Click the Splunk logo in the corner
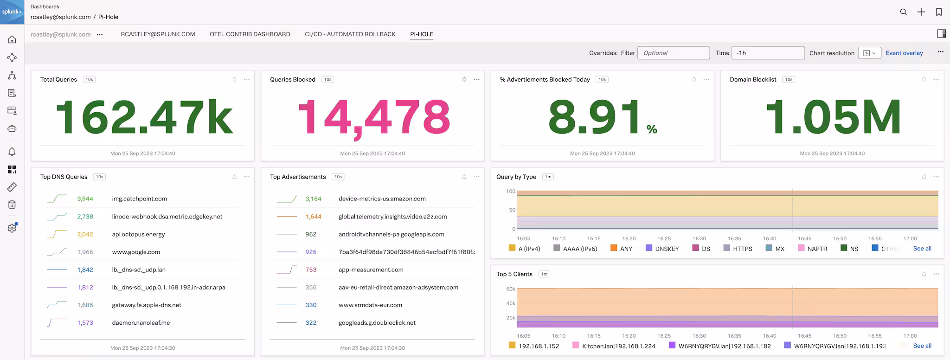coord(12,12)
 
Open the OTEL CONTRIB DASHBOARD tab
coord(250,34)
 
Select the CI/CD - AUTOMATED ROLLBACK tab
coord(350,34)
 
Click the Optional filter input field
coord(673,53)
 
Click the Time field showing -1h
coord(767,53)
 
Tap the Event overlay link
coord(904,53)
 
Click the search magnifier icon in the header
coord(903,12)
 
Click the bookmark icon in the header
coord(938,12)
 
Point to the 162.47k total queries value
coord(144,117)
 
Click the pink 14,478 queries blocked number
coord(373,117)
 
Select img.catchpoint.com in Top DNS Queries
coord(139,199)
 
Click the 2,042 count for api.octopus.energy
coord(85,234)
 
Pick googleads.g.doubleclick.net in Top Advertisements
coord(377,323)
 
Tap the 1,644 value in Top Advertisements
coord(313,217)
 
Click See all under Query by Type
coord(922,249)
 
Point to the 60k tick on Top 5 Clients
coord(510,289)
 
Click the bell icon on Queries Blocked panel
coord(464,79)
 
